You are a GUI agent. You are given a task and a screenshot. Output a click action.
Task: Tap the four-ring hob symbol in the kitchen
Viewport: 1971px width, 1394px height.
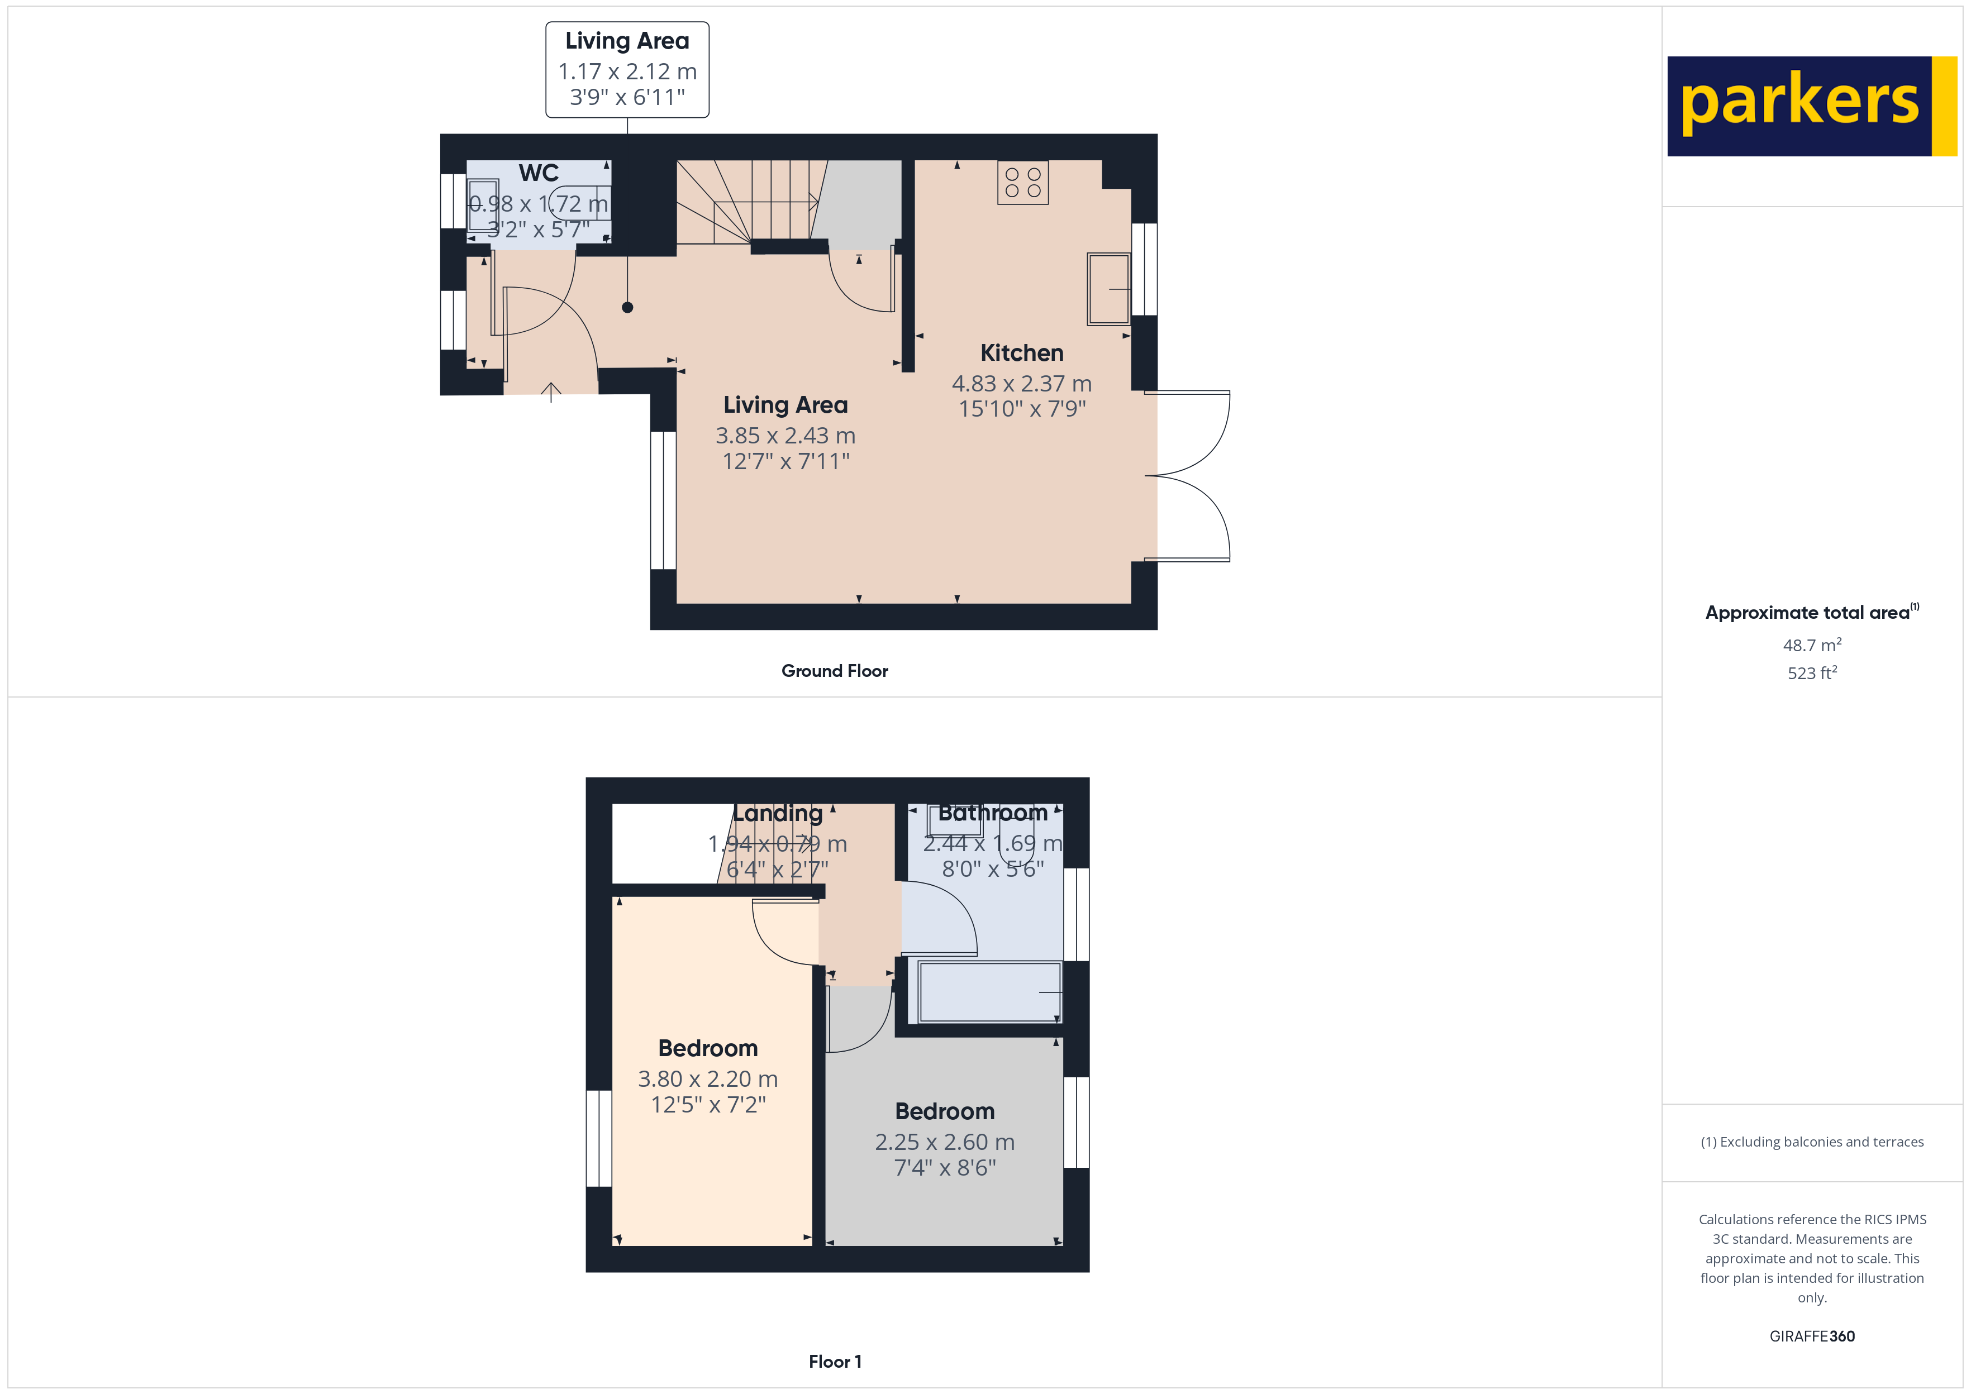tap(1022, 183)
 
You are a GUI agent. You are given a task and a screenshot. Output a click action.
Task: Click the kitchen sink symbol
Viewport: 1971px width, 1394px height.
tap(1108, 289)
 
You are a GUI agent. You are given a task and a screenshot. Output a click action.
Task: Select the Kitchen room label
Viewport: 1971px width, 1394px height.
tap(1022, 353)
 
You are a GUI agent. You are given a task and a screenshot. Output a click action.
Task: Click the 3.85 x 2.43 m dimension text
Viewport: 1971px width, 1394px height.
tap(785, 436)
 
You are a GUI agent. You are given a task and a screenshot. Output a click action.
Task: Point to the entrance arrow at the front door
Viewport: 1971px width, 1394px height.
tap(551, 392)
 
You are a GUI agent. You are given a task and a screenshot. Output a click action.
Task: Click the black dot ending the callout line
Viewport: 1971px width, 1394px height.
tap(627, 307)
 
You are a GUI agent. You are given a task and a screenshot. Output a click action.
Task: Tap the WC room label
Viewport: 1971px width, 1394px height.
tap(538, 173)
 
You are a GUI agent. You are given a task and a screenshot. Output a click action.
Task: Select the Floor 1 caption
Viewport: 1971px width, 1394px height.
tap(835, 1362)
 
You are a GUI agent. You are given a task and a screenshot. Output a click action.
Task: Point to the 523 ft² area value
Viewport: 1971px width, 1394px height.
tap(1811, 673)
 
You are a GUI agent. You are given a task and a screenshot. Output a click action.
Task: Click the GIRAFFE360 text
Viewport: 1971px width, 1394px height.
tap(1811, 1336)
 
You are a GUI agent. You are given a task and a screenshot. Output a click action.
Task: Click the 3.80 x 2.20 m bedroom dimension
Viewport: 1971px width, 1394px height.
tap(707, 1079)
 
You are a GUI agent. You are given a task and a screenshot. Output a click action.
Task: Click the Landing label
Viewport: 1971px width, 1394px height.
tap(777, 813)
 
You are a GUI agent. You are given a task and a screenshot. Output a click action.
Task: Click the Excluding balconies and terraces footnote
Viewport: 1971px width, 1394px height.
tap(1811, 1142)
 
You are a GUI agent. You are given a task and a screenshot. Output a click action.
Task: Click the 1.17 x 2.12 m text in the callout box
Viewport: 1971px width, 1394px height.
tap(627, 71)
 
